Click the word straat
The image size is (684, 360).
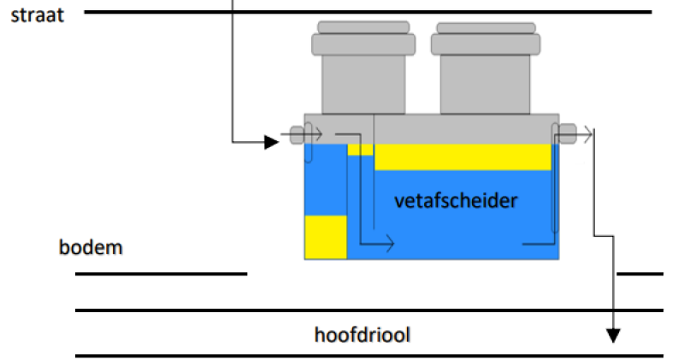(37, 15)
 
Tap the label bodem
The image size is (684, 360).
(91, 248)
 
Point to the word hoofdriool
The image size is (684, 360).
(363, 333)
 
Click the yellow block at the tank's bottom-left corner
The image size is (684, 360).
(326, 237)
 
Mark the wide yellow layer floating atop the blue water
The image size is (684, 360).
(462, 156)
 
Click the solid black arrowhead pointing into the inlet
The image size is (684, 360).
(271, 142)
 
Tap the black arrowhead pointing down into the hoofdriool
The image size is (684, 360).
(612, 334)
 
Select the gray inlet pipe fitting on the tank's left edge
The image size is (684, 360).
(297, 134)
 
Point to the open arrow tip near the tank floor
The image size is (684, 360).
(391, 244)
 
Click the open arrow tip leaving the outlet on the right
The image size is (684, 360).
(589, 133)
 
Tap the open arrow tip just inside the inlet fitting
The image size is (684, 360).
(318, 134)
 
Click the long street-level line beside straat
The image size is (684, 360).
(368, 12)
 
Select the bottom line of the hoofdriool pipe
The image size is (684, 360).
(368, 355)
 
